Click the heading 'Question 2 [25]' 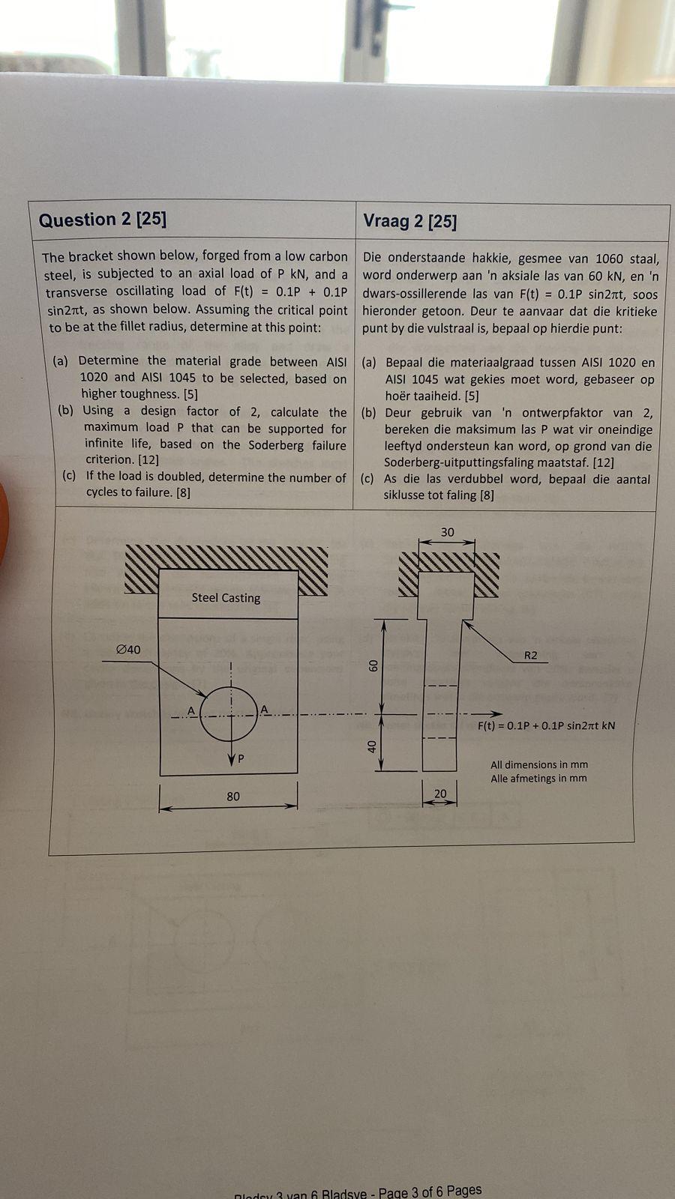(x=103, y=220)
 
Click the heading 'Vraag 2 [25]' (x=409, y=221)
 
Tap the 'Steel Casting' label (x=226, y=597)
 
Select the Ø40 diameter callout (x=128, y=650)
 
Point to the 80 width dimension (x=233, y=796)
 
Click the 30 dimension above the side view (x=447, y=532)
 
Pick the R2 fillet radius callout (x=530, y=655)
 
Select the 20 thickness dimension (x=440, y=794)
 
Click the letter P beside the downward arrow (x=241, y=759)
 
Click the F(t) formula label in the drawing (x=546, y=725)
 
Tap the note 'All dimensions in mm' (x=539, y=764)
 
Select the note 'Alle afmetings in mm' (x=538, y=778)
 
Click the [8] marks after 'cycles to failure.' (x=183, y=492)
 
